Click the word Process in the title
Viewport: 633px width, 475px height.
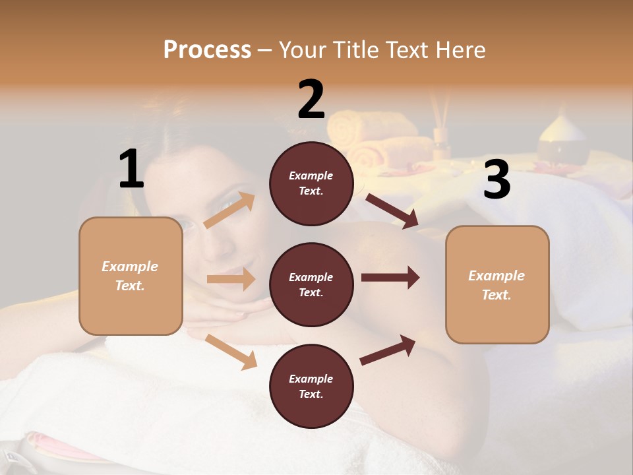207,50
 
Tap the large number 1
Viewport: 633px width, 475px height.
131,170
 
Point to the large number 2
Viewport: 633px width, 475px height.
311,100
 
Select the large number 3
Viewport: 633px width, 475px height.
497,179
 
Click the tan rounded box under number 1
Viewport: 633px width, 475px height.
131,276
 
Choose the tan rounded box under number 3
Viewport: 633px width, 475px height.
497,284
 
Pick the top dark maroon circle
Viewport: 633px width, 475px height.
311,183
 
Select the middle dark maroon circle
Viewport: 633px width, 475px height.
311,284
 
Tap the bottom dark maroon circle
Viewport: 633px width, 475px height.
311,386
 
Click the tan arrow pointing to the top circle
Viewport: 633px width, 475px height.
229,210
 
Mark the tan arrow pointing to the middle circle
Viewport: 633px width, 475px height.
231,279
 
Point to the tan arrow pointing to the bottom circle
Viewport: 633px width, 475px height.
231,351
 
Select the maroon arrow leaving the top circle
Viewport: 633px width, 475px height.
392,211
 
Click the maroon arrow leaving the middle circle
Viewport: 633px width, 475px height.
390,278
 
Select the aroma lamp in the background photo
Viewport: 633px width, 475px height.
562,142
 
